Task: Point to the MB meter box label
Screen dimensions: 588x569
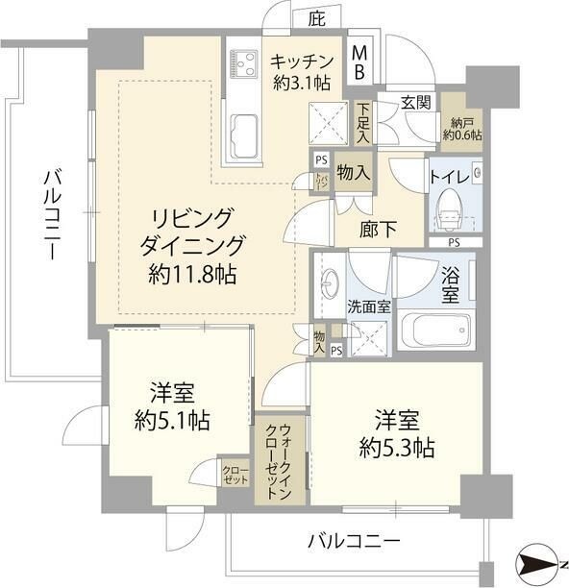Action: click(358, 62)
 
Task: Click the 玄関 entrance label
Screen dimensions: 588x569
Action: click(416, 103)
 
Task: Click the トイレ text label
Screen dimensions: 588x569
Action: click(449, 176)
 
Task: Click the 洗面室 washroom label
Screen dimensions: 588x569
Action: click(368, 308)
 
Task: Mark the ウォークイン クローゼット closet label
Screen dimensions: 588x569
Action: click(280, 460)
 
